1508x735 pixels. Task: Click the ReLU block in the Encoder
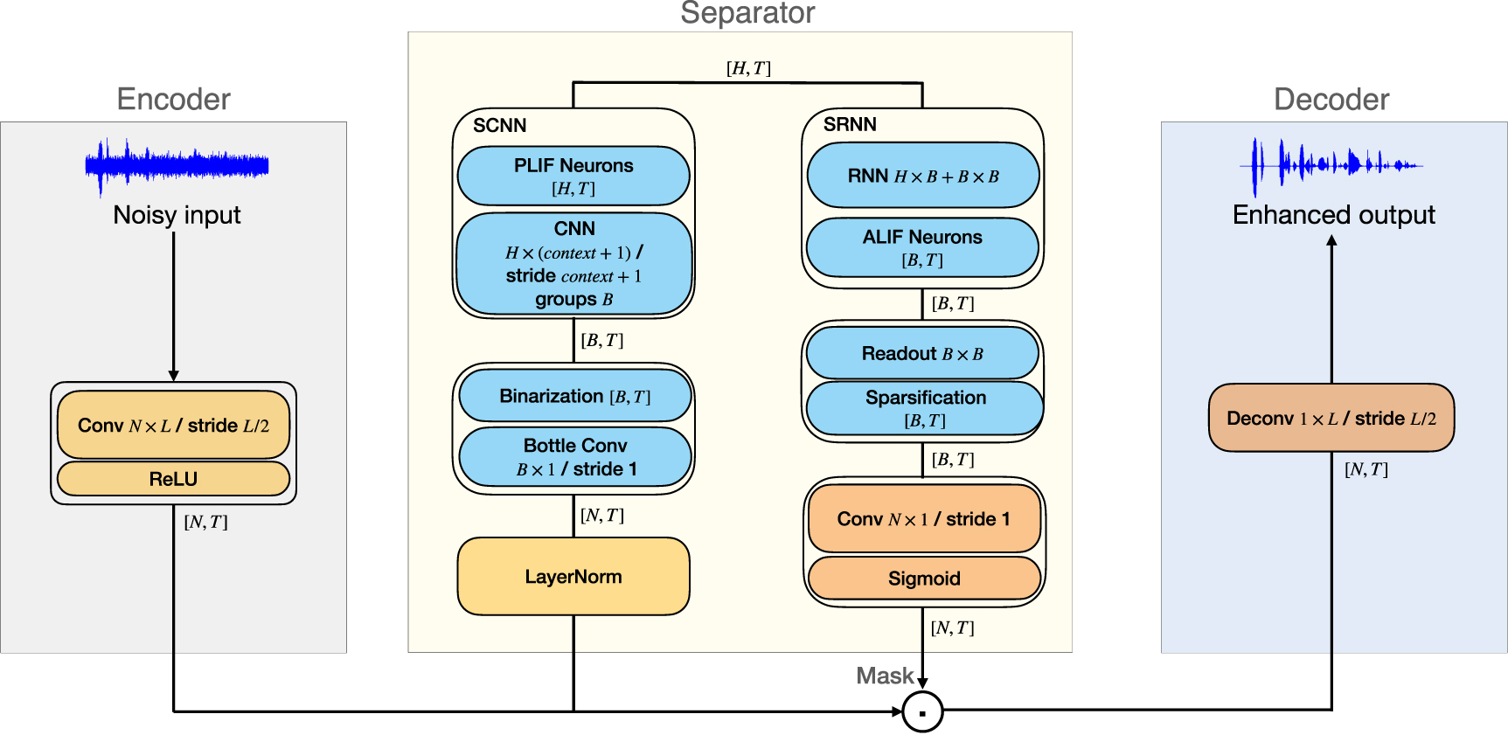pos(173,479)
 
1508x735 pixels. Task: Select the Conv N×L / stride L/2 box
pos(173,426)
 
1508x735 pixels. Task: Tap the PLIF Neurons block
pos(573,176)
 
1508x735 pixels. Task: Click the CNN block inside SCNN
pos(573,263)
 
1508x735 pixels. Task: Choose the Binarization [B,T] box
pos(574,397)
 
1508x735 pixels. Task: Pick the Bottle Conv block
pos(574,457)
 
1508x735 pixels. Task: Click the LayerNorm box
pos(573,577)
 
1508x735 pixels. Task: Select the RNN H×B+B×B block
pos(923,176)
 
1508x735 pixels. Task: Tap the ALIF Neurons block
pos(922,247)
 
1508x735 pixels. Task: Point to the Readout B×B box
pos(922,354)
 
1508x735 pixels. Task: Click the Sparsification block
pos(925,408)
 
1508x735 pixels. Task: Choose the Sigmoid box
pos(924,579)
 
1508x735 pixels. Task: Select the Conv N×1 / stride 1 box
pos(924,519)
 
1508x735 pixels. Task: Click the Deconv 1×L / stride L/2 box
pos(1331,419)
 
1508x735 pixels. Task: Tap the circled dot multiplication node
pos(922,711)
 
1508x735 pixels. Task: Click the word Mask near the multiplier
pos(884,676)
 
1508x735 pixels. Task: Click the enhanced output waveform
pos(1331,164)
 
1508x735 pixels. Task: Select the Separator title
pos(747,13)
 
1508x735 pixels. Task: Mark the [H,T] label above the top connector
pos(748,68)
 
